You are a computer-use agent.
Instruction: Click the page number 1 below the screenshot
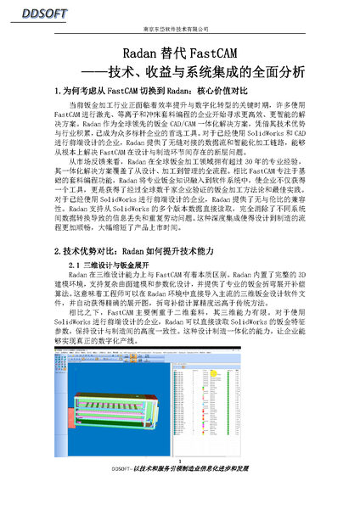pos(180,461)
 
